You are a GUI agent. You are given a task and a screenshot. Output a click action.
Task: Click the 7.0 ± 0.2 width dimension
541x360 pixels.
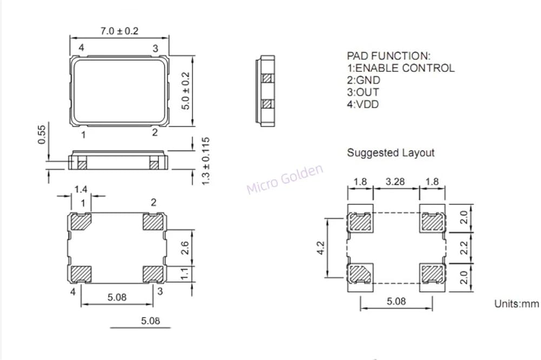120,31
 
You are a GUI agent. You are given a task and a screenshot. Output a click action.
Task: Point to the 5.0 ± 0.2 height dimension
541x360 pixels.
186,91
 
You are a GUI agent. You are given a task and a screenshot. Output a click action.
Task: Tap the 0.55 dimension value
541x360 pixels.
42,135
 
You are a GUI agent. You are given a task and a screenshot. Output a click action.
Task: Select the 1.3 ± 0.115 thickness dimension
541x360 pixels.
206,161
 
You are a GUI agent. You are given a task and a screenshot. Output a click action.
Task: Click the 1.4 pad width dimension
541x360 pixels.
81,189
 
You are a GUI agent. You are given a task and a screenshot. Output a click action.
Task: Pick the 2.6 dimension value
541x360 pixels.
184,248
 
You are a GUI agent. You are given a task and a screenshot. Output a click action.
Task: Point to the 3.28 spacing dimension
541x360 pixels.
395,181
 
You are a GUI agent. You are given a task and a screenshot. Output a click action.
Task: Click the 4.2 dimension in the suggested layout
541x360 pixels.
321,248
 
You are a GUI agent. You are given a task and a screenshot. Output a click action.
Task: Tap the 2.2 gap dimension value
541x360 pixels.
464,248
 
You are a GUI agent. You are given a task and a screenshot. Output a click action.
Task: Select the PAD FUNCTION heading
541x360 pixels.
388,56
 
